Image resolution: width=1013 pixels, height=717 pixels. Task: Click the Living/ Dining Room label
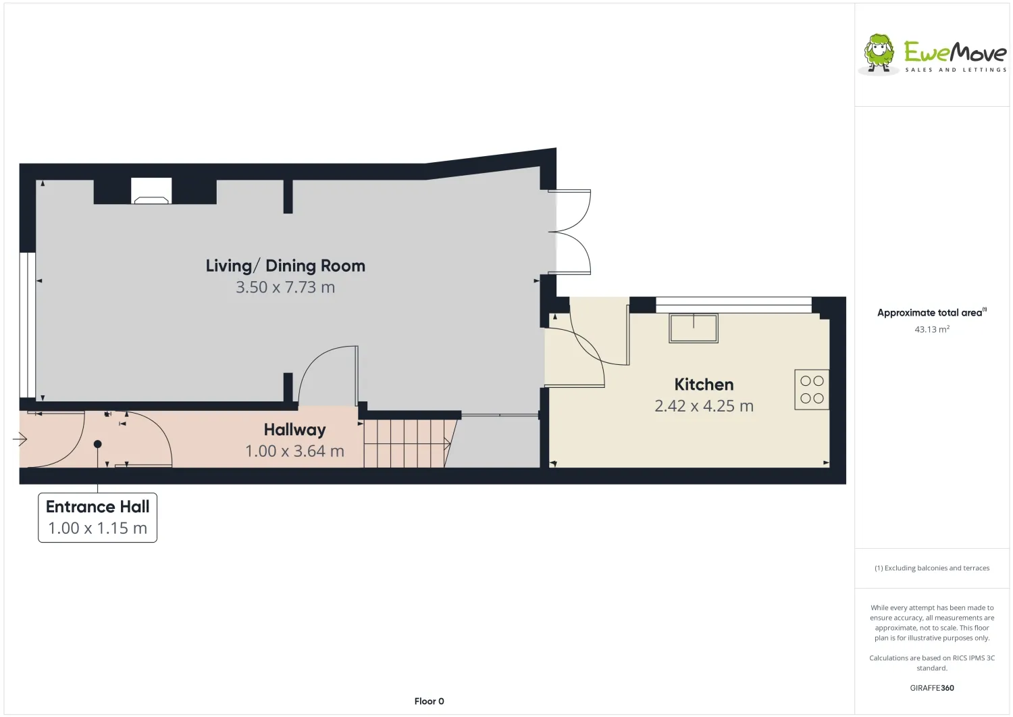tap(286, 266)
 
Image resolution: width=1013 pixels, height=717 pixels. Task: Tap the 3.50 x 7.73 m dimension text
tap(286, 287)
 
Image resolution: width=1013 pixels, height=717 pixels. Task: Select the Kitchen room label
tap(704, 385)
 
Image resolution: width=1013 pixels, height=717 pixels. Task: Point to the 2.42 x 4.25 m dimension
tap(704, 406)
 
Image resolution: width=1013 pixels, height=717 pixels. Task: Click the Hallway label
tap(295, 430)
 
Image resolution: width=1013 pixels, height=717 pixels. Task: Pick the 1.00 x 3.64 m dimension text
tap(295, 451)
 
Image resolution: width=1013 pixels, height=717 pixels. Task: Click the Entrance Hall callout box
tap(98, 518)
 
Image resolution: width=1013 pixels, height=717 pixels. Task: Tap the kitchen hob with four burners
tap(812, 390)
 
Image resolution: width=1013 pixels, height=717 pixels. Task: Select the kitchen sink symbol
tap(694, 328)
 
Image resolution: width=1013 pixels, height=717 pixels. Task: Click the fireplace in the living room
tap(151, 191)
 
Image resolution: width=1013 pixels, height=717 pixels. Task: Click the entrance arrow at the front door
tap(20, 439)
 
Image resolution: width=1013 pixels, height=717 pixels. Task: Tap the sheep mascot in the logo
tap(879, 54)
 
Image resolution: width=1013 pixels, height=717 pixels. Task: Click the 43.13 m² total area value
tap(932, 329)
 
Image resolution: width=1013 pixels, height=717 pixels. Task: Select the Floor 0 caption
tap(429, 701)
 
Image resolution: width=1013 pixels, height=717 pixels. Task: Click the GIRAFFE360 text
tap(932, 688)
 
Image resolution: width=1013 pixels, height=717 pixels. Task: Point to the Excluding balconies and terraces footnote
tap(932, 568)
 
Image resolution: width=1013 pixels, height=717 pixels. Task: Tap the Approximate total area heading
tap(932, 312)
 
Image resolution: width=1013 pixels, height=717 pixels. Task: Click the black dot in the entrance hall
tap(98, 444)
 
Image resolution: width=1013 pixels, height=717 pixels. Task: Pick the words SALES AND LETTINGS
tap(956, 70)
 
